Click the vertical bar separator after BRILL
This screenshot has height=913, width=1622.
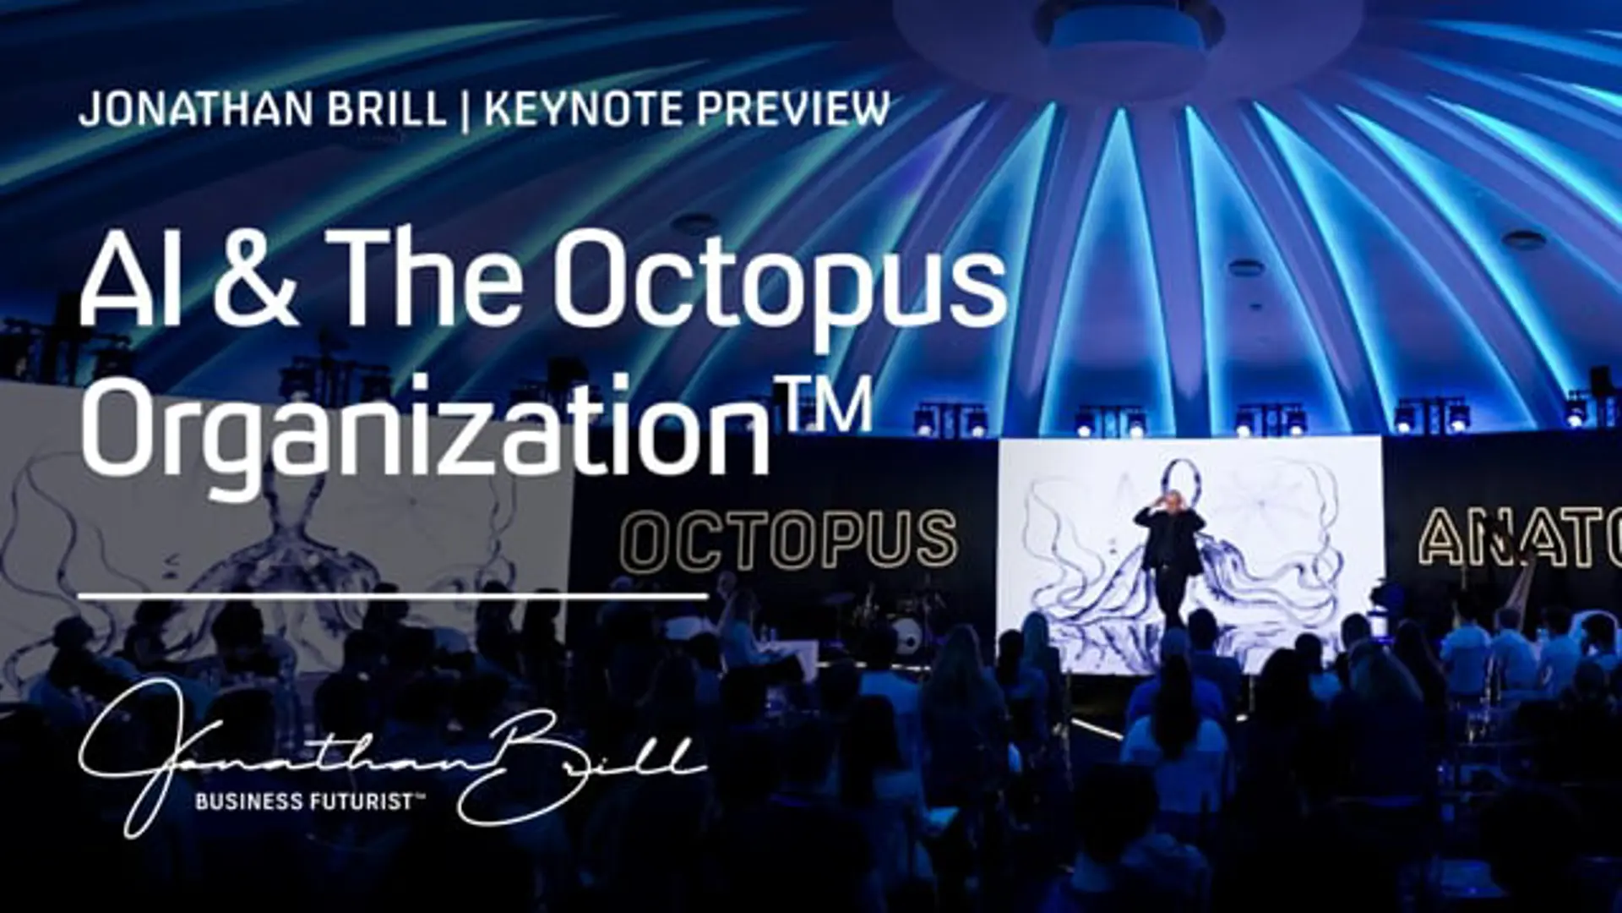point(465,110)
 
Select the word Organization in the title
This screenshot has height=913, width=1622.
point(426,426)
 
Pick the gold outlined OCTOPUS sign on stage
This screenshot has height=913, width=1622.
point(790,539)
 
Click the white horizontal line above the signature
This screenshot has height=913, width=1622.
point(393,596)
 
